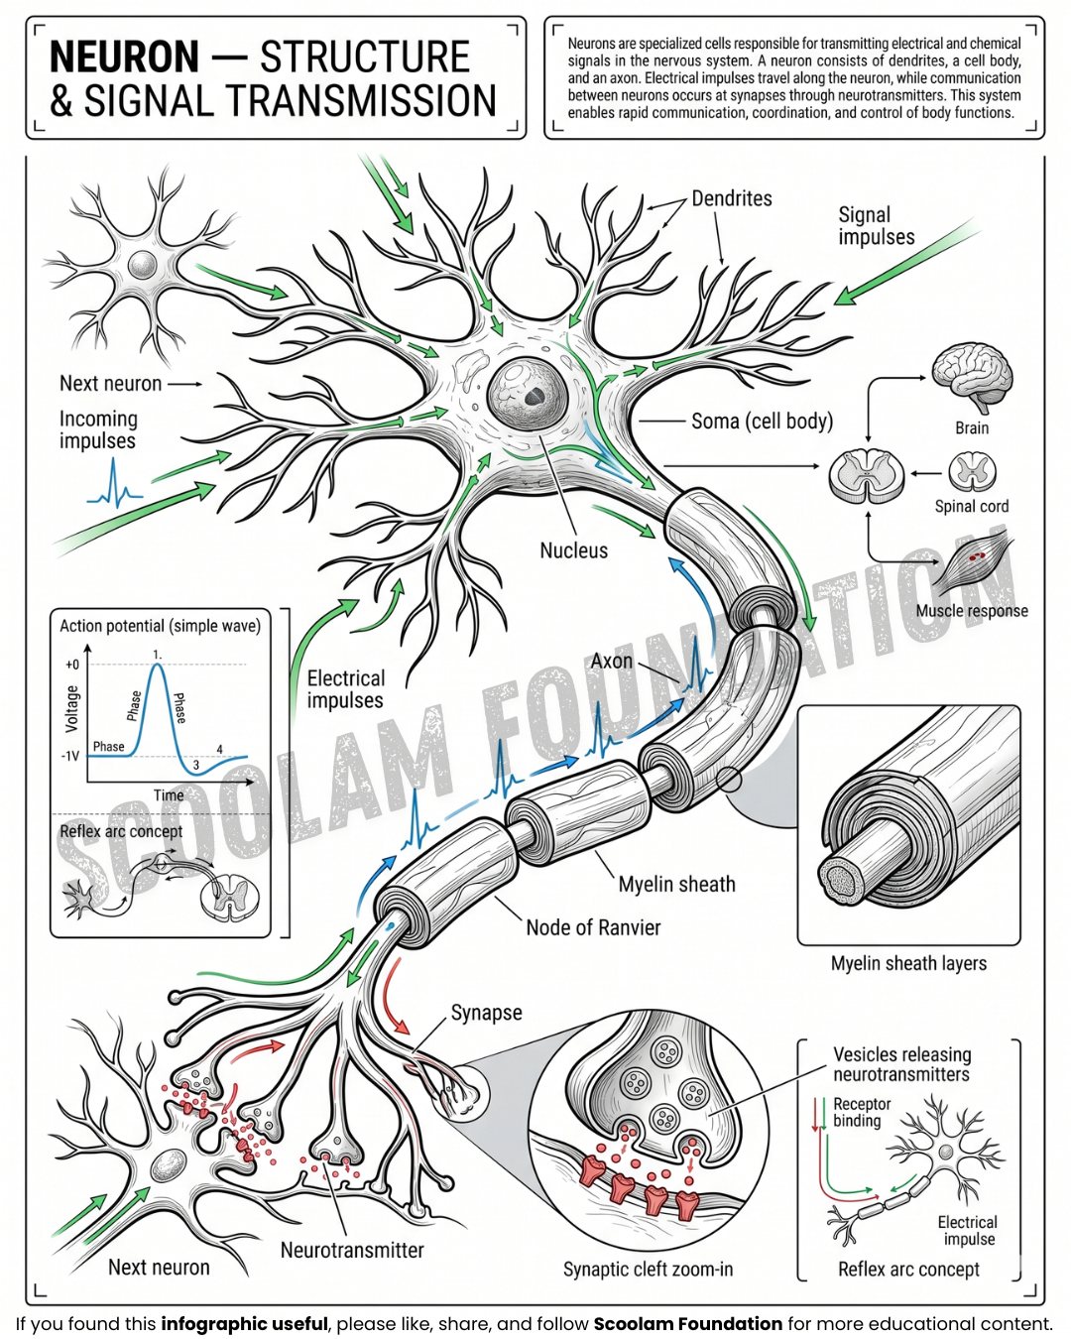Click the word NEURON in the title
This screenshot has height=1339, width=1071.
[x=125, y=57]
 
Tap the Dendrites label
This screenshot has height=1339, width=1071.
[x=732, y=198]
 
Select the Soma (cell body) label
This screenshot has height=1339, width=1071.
[x=762, y=422]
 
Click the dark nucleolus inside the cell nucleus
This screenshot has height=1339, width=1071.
[x=534, y=396]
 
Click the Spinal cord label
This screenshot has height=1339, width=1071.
[x=972, y=507]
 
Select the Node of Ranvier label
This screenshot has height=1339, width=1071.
[x=593, y=927]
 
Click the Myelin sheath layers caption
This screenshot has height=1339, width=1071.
[x=908, y=964]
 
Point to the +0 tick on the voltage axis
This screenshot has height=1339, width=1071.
[x=72, y=665]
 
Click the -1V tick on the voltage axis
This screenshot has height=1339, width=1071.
[x=70, y=756]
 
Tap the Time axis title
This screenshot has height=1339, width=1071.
[x=169, y=795]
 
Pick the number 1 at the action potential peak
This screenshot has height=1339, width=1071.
[x=158, y=655]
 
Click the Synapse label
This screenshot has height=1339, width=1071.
[x=486, y=1013]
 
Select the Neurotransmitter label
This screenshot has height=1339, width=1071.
[x=352, y=1250]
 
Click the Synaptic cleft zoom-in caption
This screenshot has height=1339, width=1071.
[x=648, y=1269]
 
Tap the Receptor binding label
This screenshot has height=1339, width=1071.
[x=862, y=1112]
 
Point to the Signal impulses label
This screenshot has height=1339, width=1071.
[x=877, y=226]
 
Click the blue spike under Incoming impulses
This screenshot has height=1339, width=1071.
[x=114, y=484]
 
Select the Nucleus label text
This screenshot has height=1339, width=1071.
[x=574, y=550]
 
